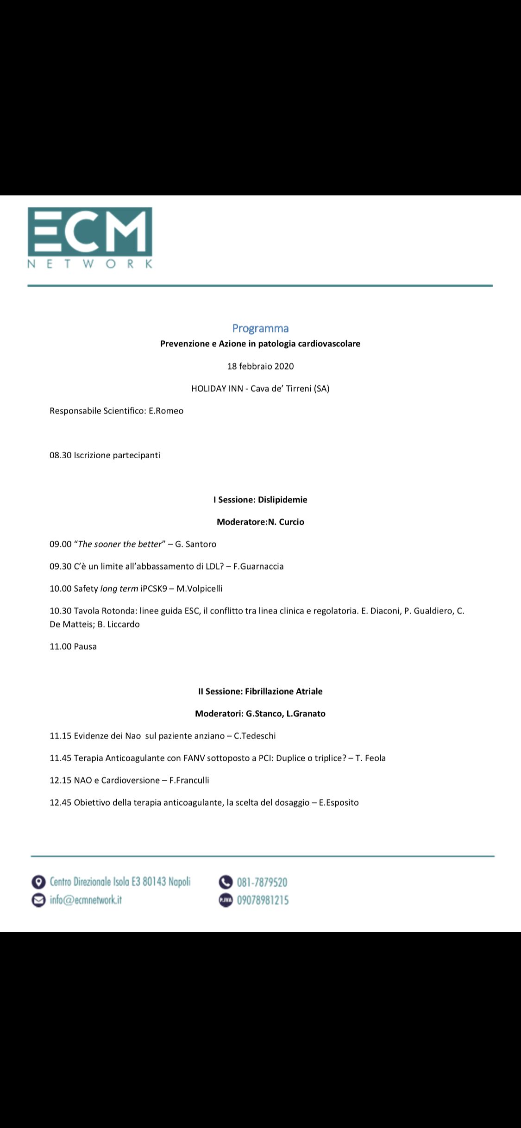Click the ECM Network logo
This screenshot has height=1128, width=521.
(90, 238)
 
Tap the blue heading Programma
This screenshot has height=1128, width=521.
(260, 328)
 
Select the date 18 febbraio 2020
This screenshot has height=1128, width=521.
(260, 366)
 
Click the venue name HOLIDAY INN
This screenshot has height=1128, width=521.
(217, 389)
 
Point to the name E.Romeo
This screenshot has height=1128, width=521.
(166, 411)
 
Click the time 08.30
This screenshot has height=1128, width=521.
(60, 455)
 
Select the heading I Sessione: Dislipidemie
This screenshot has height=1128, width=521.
(260, 500)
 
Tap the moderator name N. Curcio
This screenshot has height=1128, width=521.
(286, 522)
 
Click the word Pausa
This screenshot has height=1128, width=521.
(85, 646)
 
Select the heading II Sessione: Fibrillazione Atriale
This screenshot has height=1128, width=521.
(260, 691)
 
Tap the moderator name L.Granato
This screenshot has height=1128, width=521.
(306, 714)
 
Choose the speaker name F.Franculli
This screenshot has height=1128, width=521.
(189, 780)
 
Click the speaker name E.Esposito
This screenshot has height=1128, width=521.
(339, 802)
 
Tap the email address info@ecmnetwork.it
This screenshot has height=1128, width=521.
(86, 900)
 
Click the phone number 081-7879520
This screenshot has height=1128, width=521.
(262, 882)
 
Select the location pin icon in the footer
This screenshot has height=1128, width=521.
(38, 882)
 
